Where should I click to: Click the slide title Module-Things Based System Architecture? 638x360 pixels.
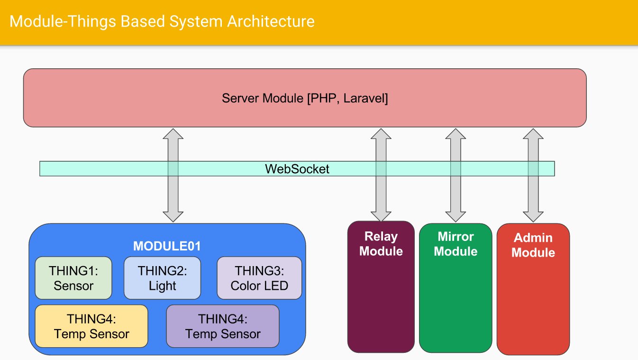[162, 21]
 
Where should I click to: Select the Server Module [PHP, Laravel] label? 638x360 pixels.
[305, 99]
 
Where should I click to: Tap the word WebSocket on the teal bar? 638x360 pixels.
[297, 169]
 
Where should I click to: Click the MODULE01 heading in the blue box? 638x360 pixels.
[167, 246]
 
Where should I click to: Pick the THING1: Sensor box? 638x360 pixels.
[73, 278]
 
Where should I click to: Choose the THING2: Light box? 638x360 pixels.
[162, 278]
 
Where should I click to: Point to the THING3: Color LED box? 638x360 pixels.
[259, 278]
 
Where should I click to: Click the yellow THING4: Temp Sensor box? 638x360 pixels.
[91, 326]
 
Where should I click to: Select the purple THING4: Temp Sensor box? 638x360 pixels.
[223, 326]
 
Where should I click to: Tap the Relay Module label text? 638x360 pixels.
[381, 244]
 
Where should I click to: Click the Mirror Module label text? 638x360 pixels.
[456, 244]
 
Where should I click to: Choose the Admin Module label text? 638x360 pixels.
[533, 245]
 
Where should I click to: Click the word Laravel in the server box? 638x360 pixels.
[365, 99]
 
